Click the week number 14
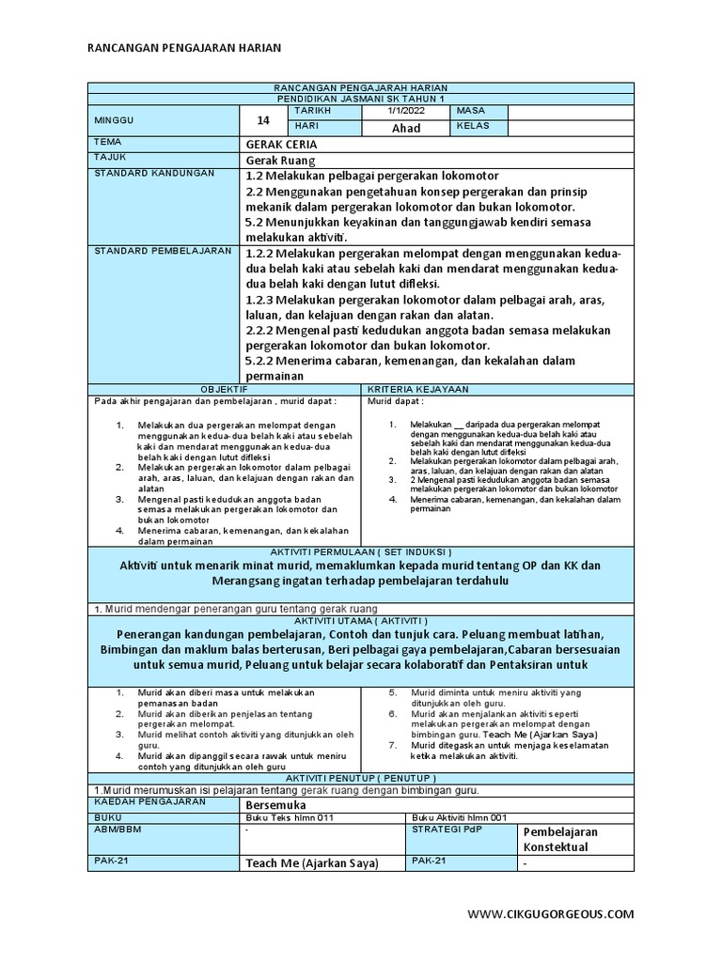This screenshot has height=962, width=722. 263,120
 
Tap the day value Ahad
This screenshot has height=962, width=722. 406,128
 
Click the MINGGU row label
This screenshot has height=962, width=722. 115,120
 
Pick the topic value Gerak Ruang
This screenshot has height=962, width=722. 280,161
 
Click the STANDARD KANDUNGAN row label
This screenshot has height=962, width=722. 154,174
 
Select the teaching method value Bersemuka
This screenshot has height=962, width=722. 275,806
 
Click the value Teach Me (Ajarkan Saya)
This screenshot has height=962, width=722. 311,863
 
